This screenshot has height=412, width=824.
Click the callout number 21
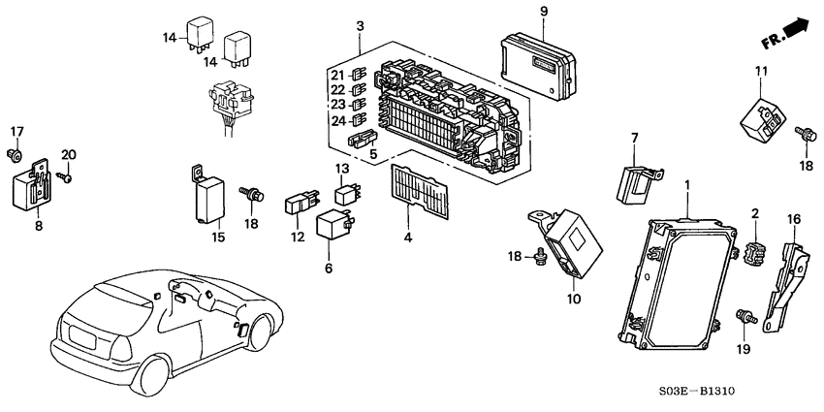tap(336, 76)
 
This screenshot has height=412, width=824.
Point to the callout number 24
tap(336, 122)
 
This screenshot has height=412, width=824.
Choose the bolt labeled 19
tap(745, 316)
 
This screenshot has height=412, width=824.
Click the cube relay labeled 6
tap(334, 226)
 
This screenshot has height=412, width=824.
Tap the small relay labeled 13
tap(346, 192)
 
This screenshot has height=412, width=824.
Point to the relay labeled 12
tap(299, 205)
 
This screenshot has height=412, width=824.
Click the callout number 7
tap(633, 140)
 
